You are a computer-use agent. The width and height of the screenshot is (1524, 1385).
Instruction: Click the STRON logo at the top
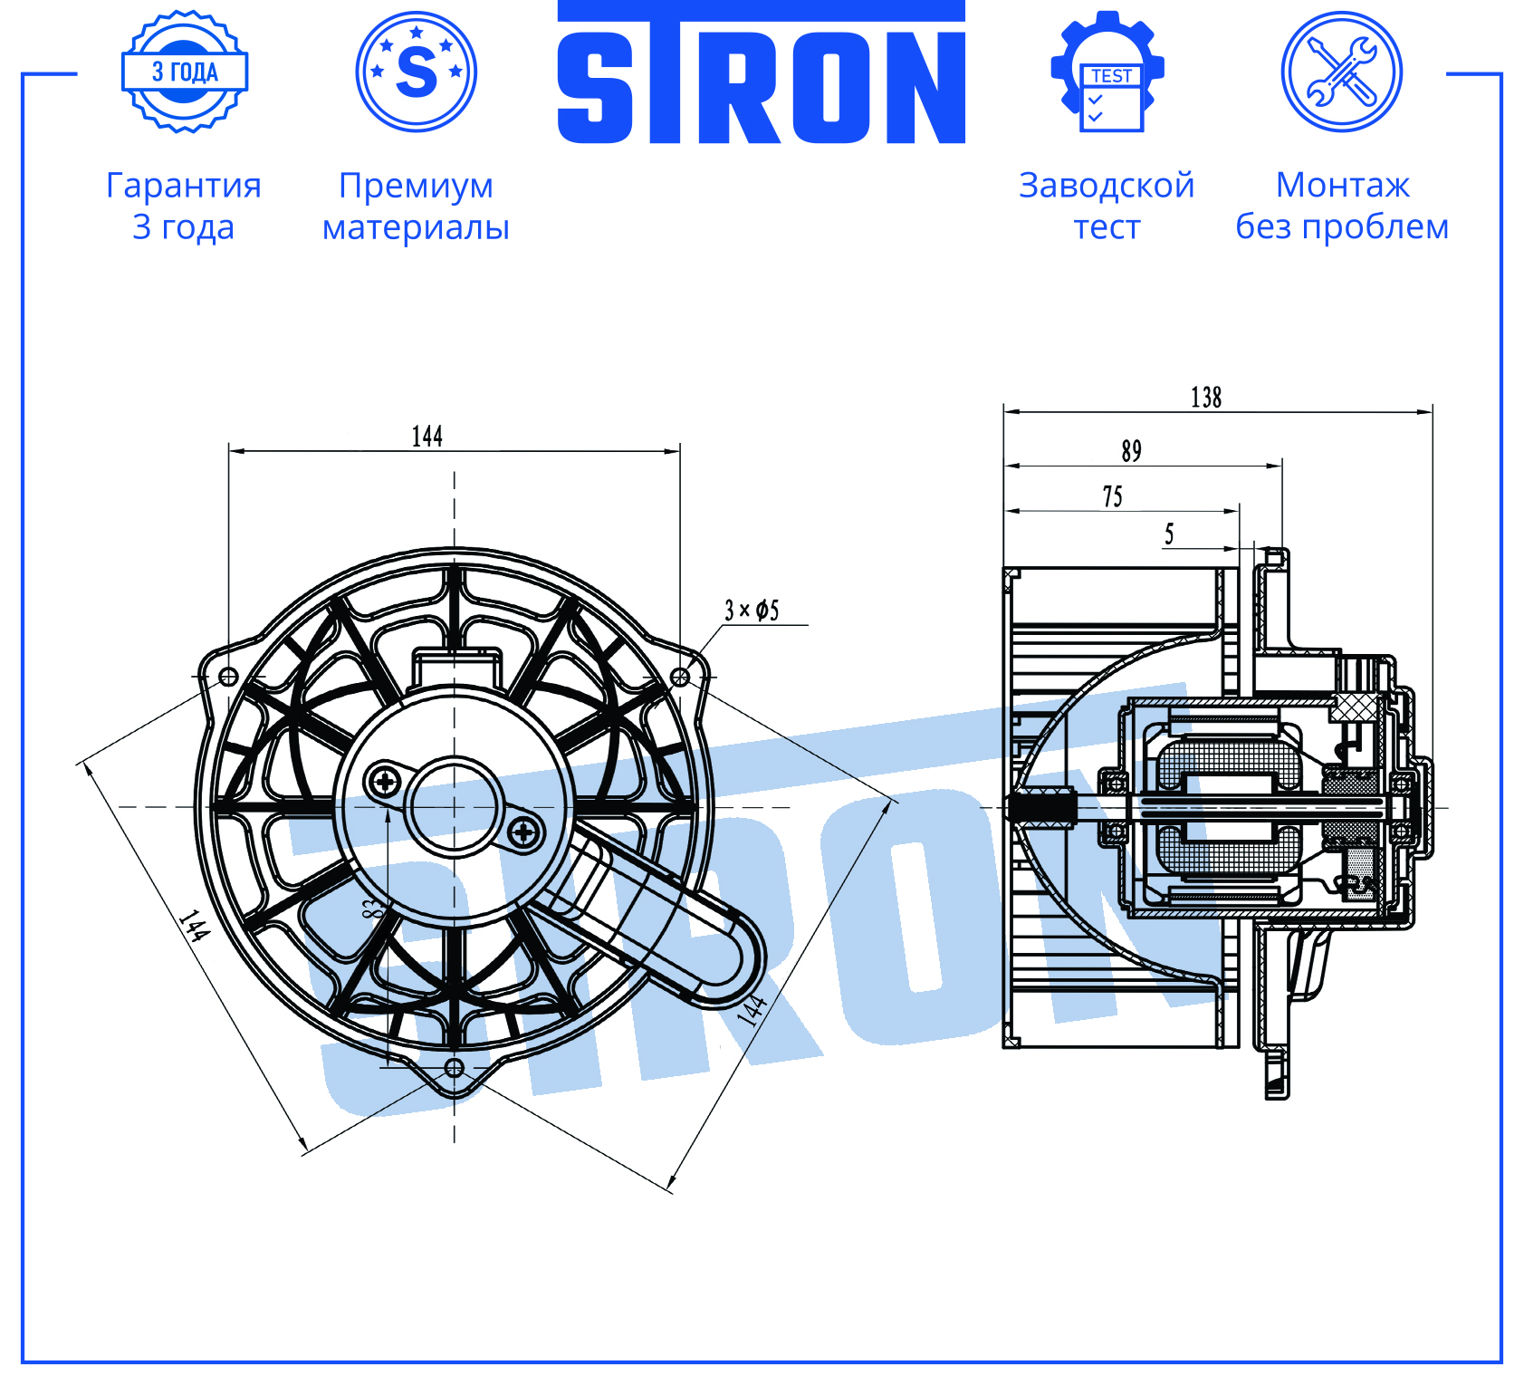click(761, 72)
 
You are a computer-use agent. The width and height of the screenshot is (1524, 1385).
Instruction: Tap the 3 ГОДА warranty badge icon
click(185, 72)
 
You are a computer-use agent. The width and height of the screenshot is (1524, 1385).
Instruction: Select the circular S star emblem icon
click(417, 72)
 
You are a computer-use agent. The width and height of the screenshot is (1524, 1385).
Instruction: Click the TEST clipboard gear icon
click(1107, 72)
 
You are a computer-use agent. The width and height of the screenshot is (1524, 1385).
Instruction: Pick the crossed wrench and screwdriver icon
click(1342, 72)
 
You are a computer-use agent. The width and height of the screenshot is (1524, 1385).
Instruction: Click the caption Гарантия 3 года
click(184, 206)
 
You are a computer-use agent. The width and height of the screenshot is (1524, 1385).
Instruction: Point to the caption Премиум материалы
click(416, 206)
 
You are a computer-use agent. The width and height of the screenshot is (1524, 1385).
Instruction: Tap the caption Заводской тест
click(1107, 206)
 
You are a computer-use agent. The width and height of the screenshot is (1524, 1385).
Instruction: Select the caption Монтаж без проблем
click(1342, 206)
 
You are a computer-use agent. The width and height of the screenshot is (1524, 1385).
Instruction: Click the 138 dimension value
click(1206, 398)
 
